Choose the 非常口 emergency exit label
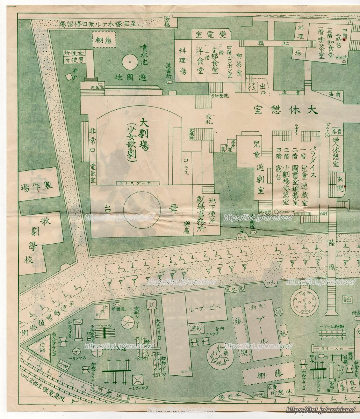(x=93, y=144)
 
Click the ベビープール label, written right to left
(x=207, y=309)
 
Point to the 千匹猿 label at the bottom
(x=231, y=396)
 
